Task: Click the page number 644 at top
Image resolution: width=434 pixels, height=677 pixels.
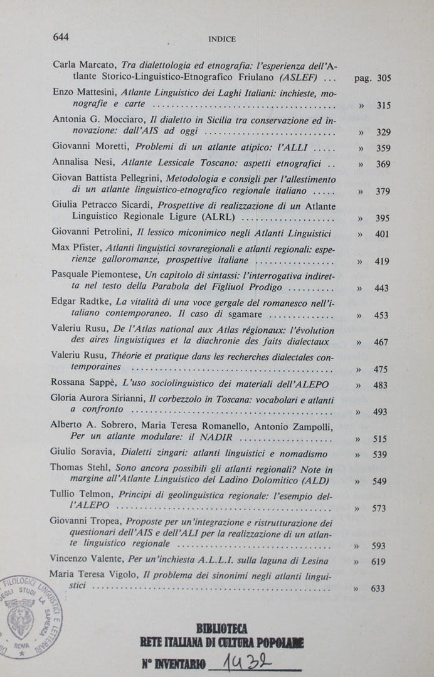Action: click(x=61, y=37)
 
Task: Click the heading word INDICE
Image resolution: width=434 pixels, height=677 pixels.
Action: click(x=222, y=39)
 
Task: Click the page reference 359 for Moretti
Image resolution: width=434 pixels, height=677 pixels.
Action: click(x=383, y=149)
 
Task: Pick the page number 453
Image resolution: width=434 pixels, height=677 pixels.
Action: click(x=381, y=315)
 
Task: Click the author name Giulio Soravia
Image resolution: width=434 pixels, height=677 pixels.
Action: click(x=79, y=453)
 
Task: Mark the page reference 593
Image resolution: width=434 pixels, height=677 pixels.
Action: click(x=379, y=546)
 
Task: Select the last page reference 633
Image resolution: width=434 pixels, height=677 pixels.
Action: click(x=378, y=588)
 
